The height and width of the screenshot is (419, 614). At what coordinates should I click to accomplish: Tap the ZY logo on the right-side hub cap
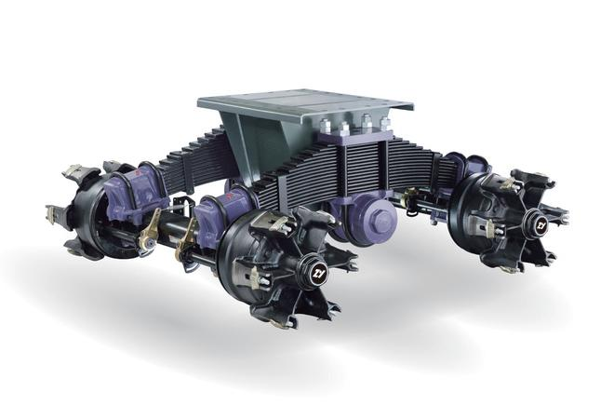(x=541, y=225)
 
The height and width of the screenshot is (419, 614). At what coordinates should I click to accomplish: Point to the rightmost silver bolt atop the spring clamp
(x=386, y=123)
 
